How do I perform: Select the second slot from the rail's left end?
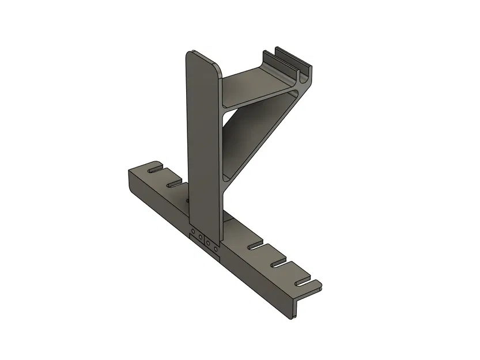point(173,185)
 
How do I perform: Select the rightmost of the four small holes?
point(216,249)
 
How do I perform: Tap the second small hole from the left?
point(200,236)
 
